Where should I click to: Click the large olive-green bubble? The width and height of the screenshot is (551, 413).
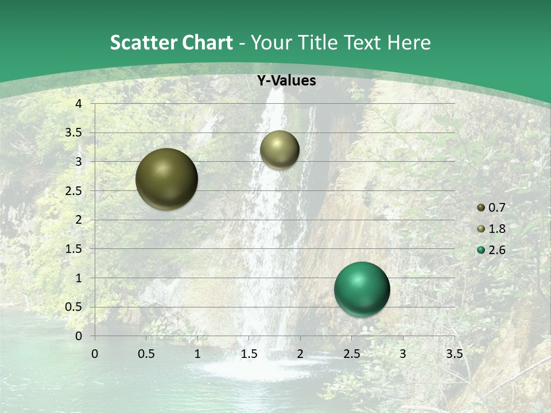(x=167, y=179)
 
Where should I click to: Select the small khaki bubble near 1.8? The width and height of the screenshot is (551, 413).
(x=280, y=150)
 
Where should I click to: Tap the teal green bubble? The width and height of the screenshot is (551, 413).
(x=362, y=289)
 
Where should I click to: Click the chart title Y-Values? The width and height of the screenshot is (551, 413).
(x=286, y=81)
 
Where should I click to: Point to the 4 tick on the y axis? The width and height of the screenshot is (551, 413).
(x=79, y=104)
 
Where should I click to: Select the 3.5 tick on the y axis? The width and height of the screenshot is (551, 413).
(x=75, y=133)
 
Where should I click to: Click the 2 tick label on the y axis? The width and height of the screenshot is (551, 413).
(x=79, y=220)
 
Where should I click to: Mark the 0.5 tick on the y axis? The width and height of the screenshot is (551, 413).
(x=75, y=307)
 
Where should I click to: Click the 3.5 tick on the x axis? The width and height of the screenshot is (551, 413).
(x=454, y=353)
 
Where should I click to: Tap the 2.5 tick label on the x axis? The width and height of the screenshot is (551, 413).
(x=351, y=353)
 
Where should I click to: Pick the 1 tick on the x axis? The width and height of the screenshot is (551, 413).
(x=197, y=353)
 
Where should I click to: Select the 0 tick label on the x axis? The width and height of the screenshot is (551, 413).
(x=95, y=353)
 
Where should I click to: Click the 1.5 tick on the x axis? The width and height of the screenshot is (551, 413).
(x=249, y=353)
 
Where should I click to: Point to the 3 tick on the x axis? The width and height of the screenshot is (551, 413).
(x=403, y=353)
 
